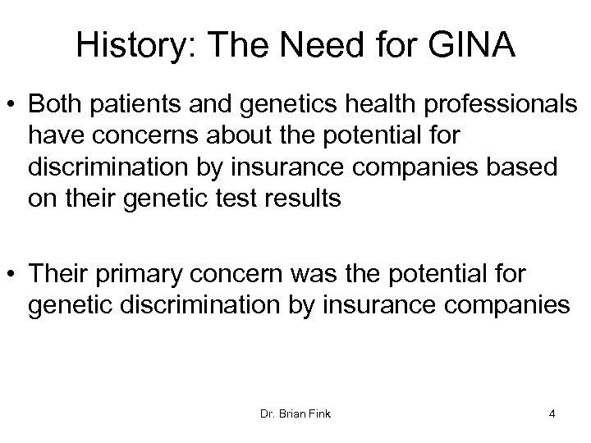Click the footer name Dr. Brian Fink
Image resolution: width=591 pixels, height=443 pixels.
295,413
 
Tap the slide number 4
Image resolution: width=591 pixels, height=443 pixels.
552,413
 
